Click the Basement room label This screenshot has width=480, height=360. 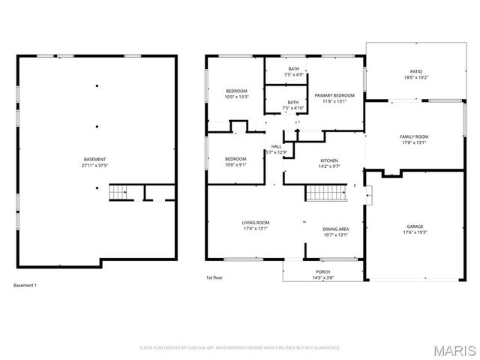94,159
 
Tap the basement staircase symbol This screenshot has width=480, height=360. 118,193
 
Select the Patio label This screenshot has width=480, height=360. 415,71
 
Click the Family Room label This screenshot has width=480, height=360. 415,136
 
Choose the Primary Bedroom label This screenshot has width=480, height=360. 334,95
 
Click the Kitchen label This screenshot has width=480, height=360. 329,160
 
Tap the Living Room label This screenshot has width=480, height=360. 255,223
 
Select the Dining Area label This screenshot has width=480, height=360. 335,229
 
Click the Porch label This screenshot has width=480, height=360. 323,271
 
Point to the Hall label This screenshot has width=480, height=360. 276,146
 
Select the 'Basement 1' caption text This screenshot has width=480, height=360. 25,286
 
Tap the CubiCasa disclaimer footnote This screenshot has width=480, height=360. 240,347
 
